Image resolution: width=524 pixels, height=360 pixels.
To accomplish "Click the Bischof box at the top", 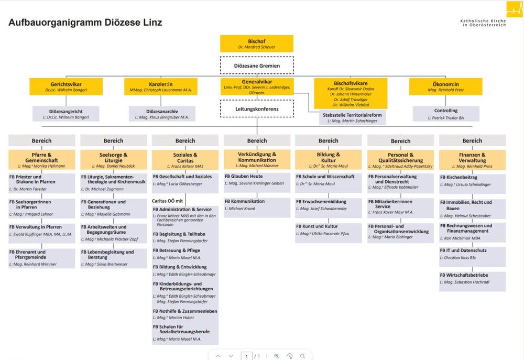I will (256, 43).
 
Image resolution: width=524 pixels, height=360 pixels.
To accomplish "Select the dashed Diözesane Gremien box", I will (256, 66).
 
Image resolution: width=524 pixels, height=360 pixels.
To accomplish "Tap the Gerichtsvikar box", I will (66, 86).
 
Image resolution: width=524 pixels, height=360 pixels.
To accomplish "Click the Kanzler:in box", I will (161, 86).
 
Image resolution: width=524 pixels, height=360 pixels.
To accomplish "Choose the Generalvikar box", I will (256, 86).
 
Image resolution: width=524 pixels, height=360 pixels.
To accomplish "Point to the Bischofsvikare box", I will (351, 93).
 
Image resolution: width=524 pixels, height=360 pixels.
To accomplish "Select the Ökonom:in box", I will (445, 86).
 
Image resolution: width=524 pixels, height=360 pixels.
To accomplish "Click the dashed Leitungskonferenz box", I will (256, 109).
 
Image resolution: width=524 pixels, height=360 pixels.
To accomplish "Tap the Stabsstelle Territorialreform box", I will (352, 118).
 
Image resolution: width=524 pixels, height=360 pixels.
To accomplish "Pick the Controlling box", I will (446, 114).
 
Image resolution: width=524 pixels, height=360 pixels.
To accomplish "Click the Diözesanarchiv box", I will (162, 114).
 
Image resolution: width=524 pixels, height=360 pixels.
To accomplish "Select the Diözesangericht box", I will (66, 114).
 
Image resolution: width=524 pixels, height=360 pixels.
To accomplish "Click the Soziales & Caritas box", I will (185, 160).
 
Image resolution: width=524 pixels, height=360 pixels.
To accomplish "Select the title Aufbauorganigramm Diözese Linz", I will (85, 23).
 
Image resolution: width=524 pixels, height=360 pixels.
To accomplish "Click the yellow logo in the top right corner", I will (514, 9).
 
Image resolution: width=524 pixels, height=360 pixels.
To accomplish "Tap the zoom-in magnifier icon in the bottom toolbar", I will (276, 356).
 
